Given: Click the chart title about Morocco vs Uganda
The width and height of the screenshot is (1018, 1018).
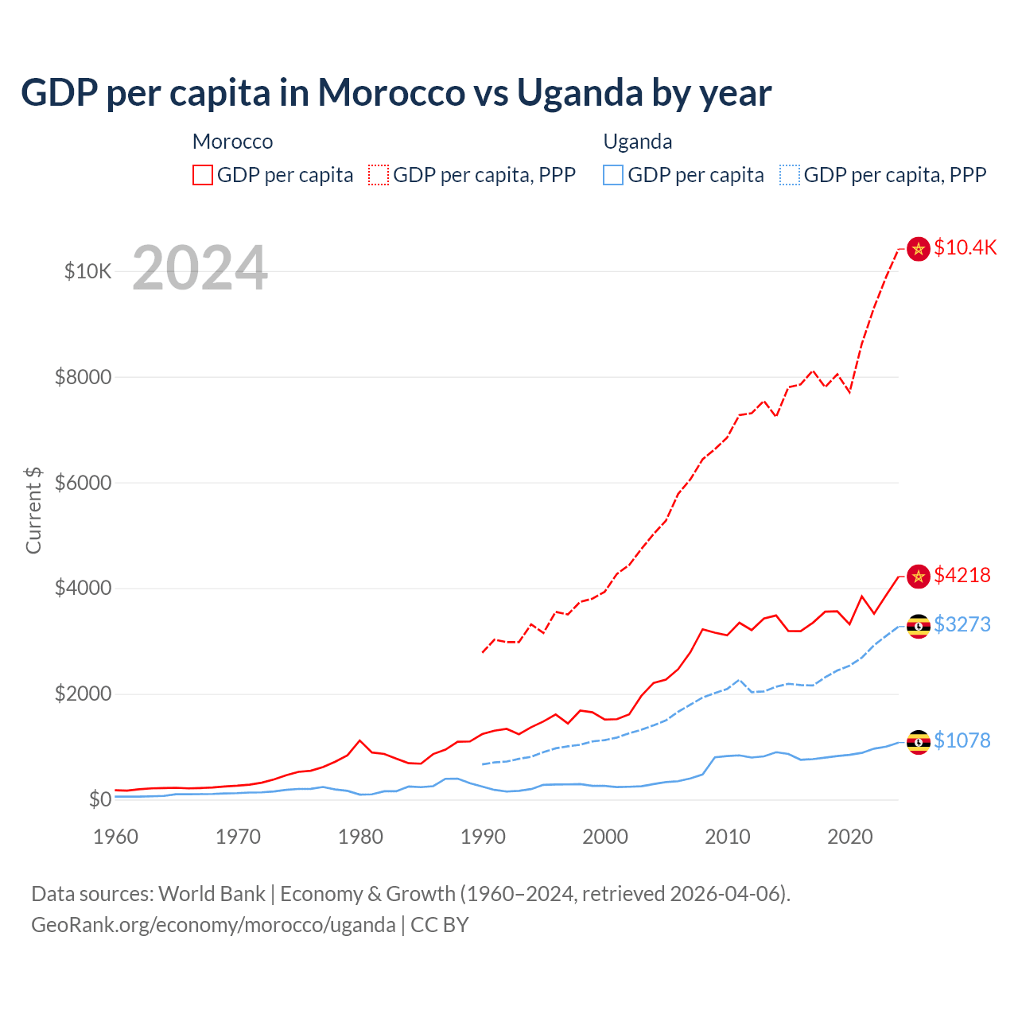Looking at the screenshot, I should (x=396, y=92).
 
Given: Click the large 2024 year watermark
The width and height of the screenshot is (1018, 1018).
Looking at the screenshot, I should (x=200, y=268).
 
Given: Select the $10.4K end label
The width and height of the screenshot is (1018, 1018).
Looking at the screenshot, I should (x=965, y=247).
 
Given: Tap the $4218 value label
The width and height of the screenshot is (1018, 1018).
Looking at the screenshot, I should (x=962, y=575).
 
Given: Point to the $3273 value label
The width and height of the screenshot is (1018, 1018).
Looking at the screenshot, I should (x=962, y=624).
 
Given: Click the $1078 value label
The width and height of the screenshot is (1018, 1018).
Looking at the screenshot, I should (x=962, y=740).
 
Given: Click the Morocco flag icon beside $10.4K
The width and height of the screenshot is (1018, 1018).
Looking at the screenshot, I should (x=919, y=249).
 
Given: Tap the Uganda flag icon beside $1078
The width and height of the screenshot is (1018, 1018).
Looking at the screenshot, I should (x=919, y=742).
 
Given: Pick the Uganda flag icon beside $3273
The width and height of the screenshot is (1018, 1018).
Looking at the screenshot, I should (x=919, y=626).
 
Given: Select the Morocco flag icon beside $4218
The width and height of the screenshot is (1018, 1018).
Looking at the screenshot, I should (x=919, y=577).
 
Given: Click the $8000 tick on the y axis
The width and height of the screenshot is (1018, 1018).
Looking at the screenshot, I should (x=83, y=377).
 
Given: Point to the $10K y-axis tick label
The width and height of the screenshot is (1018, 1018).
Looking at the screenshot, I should (x=87, y=271).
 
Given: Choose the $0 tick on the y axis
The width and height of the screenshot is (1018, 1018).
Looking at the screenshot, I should (x=99, y=799).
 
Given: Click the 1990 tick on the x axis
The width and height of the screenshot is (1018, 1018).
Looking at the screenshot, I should (x=483, y=837).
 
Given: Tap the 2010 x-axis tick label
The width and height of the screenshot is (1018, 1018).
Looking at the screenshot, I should (x=728, y=837).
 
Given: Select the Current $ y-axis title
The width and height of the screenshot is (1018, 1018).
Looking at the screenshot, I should (x=33, y=510).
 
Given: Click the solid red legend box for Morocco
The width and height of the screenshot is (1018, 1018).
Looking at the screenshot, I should (x=203, y=175).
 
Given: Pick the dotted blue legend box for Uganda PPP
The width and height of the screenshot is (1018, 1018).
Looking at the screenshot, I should (x=790, y=175).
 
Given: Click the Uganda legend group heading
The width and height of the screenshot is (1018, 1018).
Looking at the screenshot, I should (x=638, y=142).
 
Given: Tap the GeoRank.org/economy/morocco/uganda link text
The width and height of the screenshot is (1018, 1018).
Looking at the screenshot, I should (x=213, y=925).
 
